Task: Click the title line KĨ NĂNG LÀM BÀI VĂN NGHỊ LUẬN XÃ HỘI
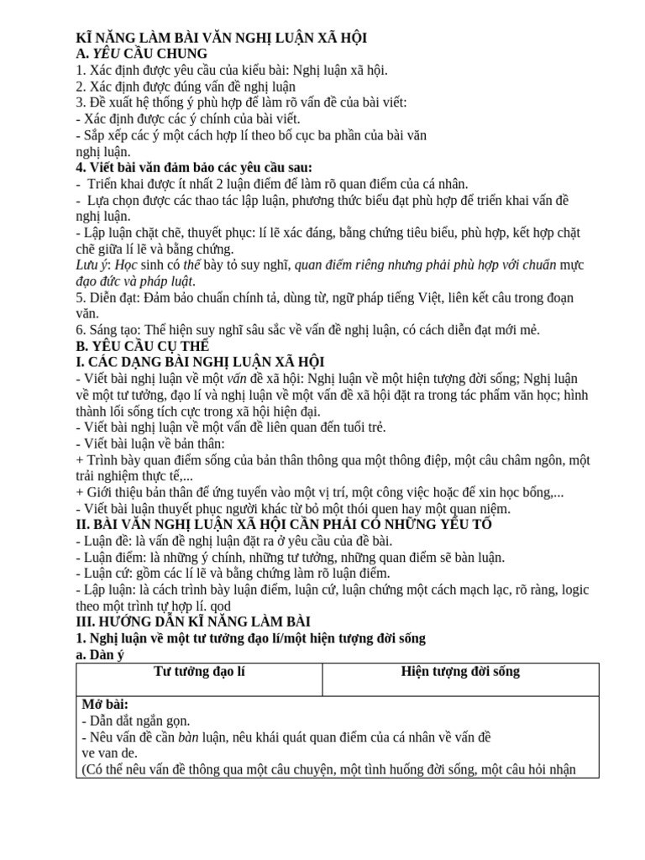tap(221, 38)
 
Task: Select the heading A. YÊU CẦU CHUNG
tap(141, 54)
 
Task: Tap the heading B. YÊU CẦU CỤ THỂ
tap(143, 345)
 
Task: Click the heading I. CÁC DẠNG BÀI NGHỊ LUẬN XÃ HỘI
tap(200, 361)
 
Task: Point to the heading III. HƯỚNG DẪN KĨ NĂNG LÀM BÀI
tap(193, 621)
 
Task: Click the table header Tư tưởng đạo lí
tap(199, 671)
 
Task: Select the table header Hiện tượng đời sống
tap(460, 671)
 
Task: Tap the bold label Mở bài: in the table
tap(105, 704)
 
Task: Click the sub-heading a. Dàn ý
tap(100, 654)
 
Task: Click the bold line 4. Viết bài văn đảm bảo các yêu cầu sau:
tap(193, 167)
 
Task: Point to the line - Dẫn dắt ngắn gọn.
tap(136, 720)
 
